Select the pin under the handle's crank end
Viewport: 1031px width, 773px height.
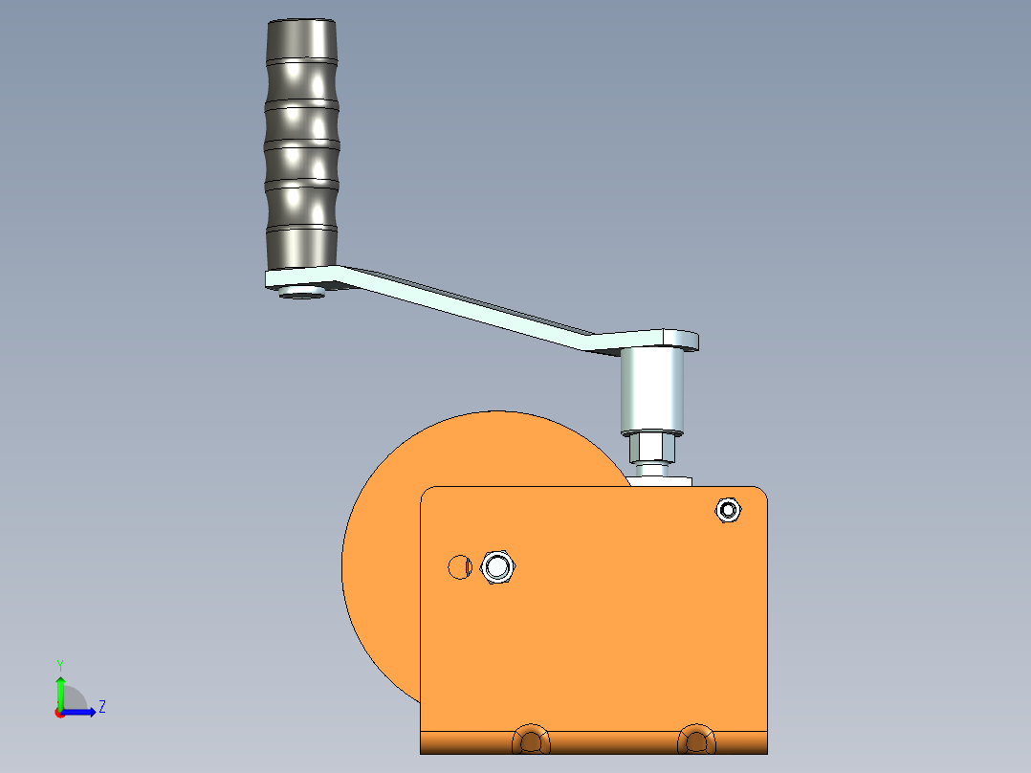tap(301, 293)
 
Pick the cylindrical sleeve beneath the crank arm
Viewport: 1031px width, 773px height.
tap(654, 390)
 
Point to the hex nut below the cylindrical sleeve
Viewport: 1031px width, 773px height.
tap(654, 446)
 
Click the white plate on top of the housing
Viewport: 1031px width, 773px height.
tap(661, 481)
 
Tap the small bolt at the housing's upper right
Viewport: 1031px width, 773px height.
tap(728, 510)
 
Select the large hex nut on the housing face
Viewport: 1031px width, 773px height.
tap(497, 566)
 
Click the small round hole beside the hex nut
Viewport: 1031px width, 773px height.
tap(458, 566)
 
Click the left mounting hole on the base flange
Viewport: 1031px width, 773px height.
tap(532, 740)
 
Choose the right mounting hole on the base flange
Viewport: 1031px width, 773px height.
tap(695, 740)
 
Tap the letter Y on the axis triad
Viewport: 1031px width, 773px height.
tap(59, 664)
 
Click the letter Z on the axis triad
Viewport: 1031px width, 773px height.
tap(101, 707)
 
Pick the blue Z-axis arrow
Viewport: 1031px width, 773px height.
tap(81, 712)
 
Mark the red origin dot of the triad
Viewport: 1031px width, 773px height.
tap(59, 713)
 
